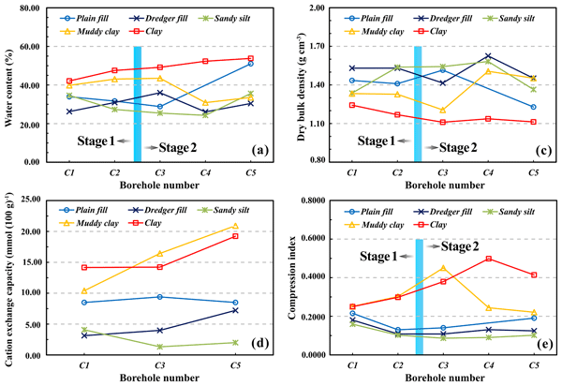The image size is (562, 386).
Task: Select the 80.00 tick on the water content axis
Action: [41, 7]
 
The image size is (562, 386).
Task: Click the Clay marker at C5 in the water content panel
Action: [249, 58]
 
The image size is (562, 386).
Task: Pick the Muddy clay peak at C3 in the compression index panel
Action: [443, 268]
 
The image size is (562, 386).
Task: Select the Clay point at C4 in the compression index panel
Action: [488, 259]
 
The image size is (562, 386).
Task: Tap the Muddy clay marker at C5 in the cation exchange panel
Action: [249, 226]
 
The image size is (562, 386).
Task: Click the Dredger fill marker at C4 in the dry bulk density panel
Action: [488, 56]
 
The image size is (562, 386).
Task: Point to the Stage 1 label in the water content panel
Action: [97, 141]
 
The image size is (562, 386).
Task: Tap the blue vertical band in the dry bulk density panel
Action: [418, 103]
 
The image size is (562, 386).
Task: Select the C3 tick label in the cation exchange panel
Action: [160, 364]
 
